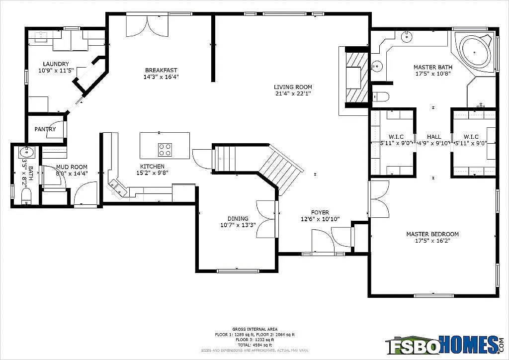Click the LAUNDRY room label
coord(56,64)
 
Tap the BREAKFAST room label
coord(161,70)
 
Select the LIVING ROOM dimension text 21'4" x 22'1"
coord(293,94)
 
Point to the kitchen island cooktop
coord(165,149)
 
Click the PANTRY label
coord(45,129)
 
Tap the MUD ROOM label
coord(72,167)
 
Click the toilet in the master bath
coord(380,96)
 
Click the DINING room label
coord(238,219)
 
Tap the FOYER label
coord(320,212)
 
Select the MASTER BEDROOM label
coord(432,234)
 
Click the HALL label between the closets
coord(433,137)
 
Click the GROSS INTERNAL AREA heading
coord(249,329)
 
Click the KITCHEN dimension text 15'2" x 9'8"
coord(152,173)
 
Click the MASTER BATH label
coord(432,67)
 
